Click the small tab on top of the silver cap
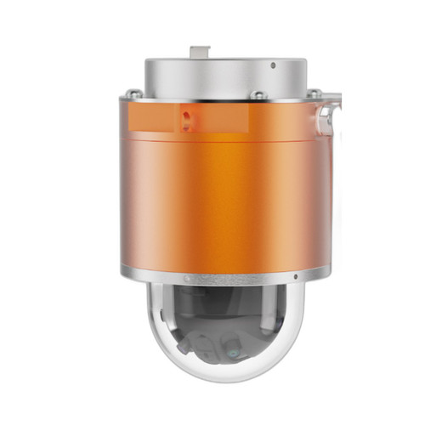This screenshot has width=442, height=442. coord(200,52)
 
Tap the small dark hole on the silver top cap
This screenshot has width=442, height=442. coord(273,65)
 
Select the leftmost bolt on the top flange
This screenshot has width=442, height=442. coord(133,94)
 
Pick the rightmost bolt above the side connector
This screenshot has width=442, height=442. coord(314,93)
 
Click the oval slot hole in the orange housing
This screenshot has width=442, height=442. coord(186,116)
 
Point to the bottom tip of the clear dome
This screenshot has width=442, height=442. coord(223,379)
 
